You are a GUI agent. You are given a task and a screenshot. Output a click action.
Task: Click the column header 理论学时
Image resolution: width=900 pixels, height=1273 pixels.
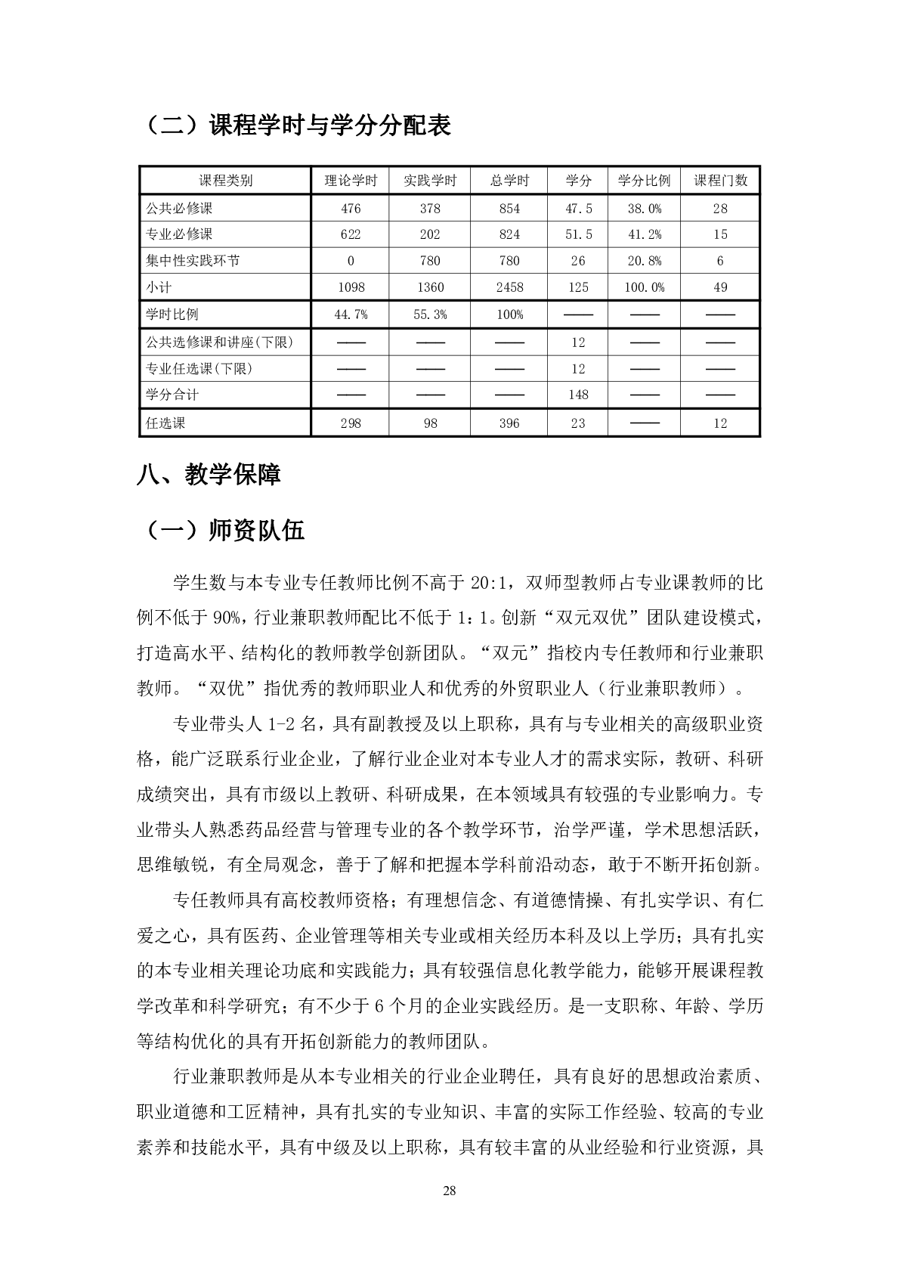pyautogui.click(x=351, y=181)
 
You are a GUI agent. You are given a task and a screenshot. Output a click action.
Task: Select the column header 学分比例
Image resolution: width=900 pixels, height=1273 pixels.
pyautogui.click(x=644, y=181)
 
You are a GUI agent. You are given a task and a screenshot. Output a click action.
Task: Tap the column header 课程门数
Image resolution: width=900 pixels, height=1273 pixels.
pyautogui.click(x=720, y=181)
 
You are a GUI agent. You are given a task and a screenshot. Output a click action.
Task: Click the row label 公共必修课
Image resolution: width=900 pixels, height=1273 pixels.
pyautogui.click(x=179, y=208)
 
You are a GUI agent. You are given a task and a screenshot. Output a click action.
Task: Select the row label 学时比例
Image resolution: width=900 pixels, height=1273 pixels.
pyautogui.click(x=172, y=314)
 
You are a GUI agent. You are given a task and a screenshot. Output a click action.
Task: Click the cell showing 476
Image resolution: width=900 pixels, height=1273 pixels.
pyautogui.click(x=351, y=208)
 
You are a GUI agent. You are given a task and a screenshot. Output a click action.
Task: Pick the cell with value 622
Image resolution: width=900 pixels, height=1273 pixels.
pyautogui.click(x=351, y=234)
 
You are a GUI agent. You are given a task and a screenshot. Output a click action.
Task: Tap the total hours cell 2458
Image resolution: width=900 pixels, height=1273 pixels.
pyautogui.click(x=509, y=287)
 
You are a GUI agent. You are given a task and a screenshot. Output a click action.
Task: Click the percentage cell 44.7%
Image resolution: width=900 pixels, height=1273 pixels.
pyautogui.click(x=351, y=314)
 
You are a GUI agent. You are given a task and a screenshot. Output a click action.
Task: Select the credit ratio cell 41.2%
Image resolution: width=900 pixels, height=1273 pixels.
pyautogui.click(x=644, y=234)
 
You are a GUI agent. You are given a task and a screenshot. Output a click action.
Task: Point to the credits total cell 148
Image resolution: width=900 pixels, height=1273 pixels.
pyautogui.click(x=578, y=395)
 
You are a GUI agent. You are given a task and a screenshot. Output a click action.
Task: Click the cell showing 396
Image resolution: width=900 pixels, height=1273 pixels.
pyautogui.click(x=509, y=423)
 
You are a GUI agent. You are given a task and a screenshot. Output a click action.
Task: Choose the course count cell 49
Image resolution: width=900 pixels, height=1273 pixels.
pyautogui.click(x=720, y=287)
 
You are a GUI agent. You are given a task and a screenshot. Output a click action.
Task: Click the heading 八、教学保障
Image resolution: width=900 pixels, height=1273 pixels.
pyautogui.click(x=209, y=475)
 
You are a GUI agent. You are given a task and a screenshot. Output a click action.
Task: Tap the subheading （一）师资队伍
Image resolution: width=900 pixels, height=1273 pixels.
pyautogui.click(x=221, y=531)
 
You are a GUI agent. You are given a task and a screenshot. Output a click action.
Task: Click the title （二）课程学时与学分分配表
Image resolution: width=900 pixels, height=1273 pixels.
pyautogui.click(x=295, y=125)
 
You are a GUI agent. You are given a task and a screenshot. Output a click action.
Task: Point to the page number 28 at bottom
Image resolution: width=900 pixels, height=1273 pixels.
pyautogui.click(x=449, y=1191)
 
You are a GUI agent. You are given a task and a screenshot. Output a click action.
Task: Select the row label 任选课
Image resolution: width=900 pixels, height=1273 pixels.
pyautogui.click(x=165, y=423)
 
